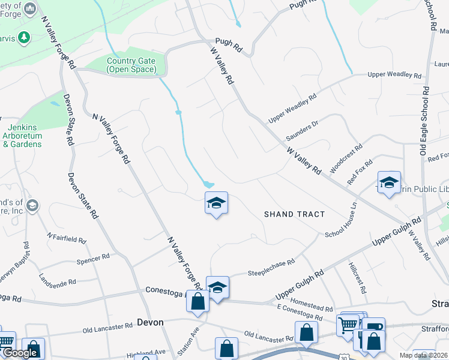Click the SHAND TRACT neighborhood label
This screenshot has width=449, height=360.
295,214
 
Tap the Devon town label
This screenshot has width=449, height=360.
150,322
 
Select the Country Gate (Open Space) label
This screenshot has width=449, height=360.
131,65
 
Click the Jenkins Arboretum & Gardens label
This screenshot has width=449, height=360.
25,136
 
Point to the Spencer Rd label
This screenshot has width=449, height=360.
93,258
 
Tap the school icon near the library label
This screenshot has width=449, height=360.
389,182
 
